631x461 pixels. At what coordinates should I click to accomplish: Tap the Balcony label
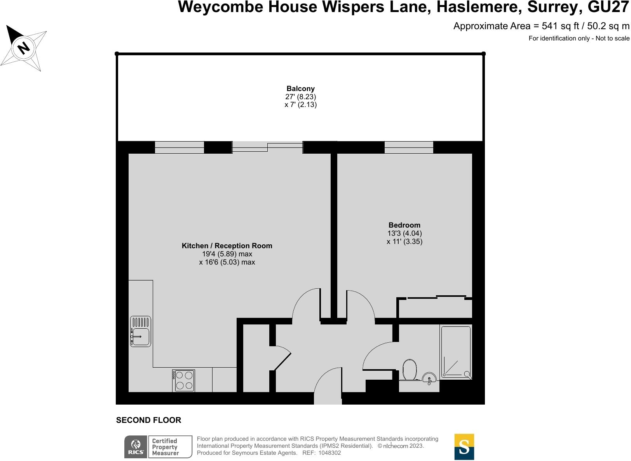(300, 89)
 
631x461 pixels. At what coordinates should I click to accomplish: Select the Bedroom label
(404, 225)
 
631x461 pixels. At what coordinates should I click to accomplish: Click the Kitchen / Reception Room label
(227, 246)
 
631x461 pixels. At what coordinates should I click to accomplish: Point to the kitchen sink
(140, 331)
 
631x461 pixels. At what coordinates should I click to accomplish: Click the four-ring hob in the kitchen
(184, 380)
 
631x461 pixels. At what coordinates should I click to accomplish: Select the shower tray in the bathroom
(456, 352)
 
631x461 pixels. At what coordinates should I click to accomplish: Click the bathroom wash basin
(429, 378)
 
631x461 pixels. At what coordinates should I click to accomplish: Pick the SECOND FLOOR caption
(148, 420)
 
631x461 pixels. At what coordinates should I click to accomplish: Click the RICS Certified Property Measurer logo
(158, 447)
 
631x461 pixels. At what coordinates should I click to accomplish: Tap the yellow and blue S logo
(464, 447)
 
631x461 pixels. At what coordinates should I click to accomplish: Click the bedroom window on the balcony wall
(409, 147)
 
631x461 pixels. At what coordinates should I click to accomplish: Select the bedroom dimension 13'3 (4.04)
(404, 233)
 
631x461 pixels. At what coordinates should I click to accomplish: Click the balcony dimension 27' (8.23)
(300, 97)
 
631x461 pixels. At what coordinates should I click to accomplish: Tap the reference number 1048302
(329, 453)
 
